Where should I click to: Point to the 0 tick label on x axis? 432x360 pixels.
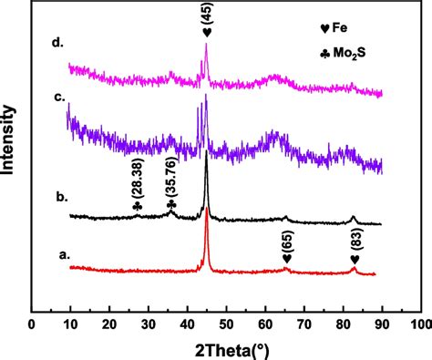tap(31, 324)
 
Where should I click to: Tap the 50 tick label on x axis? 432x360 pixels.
tap(226, 324)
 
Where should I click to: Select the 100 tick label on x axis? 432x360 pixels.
tap(419, 324)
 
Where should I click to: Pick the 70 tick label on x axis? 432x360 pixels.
tap(303, 324)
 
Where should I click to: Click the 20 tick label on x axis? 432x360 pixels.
tap(109, 324)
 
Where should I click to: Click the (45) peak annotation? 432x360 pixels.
tap(208, 14)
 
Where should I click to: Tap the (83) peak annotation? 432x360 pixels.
tap(355, 237)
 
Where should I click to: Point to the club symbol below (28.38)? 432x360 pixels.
tap(137, 206)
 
